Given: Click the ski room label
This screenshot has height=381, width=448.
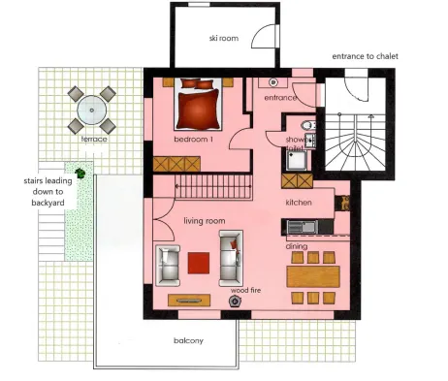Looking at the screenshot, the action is pyautogui.click(x=224, y=38).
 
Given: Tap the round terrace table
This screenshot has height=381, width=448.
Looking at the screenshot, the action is pyautogui.click(x=92, y=111).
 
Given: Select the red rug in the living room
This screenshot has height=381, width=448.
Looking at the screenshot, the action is pyautogui.click(x=199, y=263).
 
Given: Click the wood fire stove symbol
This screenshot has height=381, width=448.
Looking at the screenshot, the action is pyautogui.click(x=235, y=302).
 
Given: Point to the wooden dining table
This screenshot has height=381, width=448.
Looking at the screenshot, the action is pyautogui.click(x=313, y=276).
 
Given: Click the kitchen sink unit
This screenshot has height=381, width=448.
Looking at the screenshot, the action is pyautogui.click(x=303, y=227).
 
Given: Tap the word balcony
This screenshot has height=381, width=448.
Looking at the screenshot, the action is pyautogui.click(x=188, y=341).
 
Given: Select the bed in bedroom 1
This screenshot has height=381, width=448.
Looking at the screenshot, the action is pyautogui.click(x=198, y=104).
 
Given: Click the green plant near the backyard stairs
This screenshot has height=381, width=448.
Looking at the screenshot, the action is pyautogui.click(x=80, y=174).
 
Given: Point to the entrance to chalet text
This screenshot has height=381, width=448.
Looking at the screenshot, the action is pyautogui.click(x=365, y=56).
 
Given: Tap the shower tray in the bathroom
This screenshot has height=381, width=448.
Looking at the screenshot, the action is pyautogui.click(x=297, y=160).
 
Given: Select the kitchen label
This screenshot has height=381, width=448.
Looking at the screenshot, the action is pyautogui.click(x=299, y=203).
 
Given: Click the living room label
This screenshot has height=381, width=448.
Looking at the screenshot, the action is pyautogui.click(x=205, y=221).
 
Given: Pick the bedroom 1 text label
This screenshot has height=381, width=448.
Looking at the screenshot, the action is pyautogui.click(x=193, y=140).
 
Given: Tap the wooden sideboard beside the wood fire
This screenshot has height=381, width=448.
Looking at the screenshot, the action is pyautogui.click(x=189, y=301).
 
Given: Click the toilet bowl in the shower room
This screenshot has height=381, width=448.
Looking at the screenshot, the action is pyautogui.click(x=307, y=125).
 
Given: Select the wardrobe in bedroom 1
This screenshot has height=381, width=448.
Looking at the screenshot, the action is pyautogui.click(x=176, y=164).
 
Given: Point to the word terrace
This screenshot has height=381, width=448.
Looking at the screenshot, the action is pyautogui.click(x=94, y=140).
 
